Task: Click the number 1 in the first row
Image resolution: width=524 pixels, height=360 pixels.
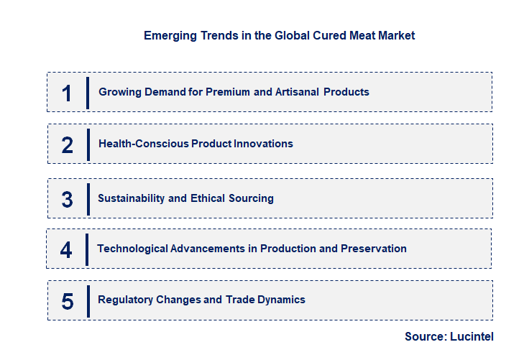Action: click(67, 93)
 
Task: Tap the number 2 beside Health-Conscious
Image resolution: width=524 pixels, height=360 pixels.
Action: click(67, 144)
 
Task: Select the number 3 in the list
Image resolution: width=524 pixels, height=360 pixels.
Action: click(67, 199)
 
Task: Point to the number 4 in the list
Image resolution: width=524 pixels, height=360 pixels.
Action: click(66, 249)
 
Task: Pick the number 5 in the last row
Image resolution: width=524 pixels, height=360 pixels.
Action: click(67, 300)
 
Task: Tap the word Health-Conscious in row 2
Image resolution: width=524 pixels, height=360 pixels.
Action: click(144, 144)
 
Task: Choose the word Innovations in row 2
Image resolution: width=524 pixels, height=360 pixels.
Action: click(258, 144)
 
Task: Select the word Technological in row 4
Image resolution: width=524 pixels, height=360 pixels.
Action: click(132, 249)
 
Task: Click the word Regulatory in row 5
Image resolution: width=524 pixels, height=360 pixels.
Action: click(124, 300)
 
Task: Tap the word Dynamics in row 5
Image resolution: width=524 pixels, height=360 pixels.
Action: click(281, 300)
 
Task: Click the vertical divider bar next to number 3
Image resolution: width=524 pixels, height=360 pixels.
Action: click(88, 199)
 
